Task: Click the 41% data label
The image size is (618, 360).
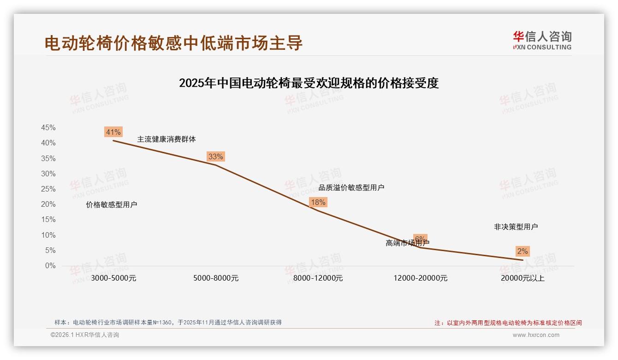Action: (113, 132)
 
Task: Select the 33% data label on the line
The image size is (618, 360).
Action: (215, 156)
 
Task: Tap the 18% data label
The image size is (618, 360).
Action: (318, 202)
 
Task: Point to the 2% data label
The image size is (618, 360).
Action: (522, 251)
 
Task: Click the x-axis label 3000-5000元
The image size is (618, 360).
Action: (113, 278)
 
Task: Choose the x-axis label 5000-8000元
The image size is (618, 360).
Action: (216, 278)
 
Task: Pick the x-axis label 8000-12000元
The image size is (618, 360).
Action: (318, 278)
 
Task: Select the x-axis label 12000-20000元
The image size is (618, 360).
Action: (420, 278)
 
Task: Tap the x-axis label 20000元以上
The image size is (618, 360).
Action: (523, 278)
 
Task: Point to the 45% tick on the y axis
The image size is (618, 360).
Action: (48, 128)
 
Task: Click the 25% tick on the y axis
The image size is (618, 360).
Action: (48, 189)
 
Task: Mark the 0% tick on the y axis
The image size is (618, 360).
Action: (50, 266)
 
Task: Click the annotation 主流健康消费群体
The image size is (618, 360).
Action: (166, 139)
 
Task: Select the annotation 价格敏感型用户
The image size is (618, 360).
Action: (112, 205)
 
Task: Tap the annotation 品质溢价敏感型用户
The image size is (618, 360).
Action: (351, 188)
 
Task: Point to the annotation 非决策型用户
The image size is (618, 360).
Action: (516, 227)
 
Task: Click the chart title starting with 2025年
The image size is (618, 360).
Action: (309, 83)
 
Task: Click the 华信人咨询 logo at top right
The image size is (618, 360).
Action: (542, 40)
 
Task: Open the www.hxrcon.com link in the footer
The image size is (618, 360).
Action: (536, 335)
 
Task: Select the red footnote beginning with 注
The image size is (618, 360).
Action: (508, 323)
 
